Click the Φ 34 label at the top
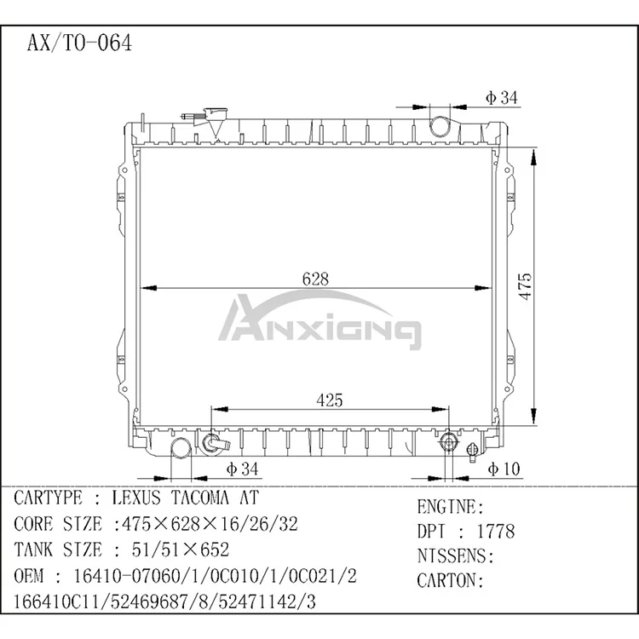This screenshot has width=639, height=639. pyautogui.click(x=502, y=98)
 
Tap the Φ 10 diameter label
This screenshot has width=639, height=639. pyautogui.click(x=504, y=469)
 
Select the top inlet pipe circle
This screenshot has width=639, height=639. pyautogui.click(x=440, y=127)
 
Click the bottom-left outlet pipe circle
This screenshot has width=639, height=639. pyautogui.click(x=181, y=448)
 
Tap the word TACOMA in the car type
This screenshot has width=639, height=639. pyautogui.click(x=201, y=498)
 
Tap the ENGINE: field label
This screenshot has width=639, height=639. pyautogui.click(x=450, y=507)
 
